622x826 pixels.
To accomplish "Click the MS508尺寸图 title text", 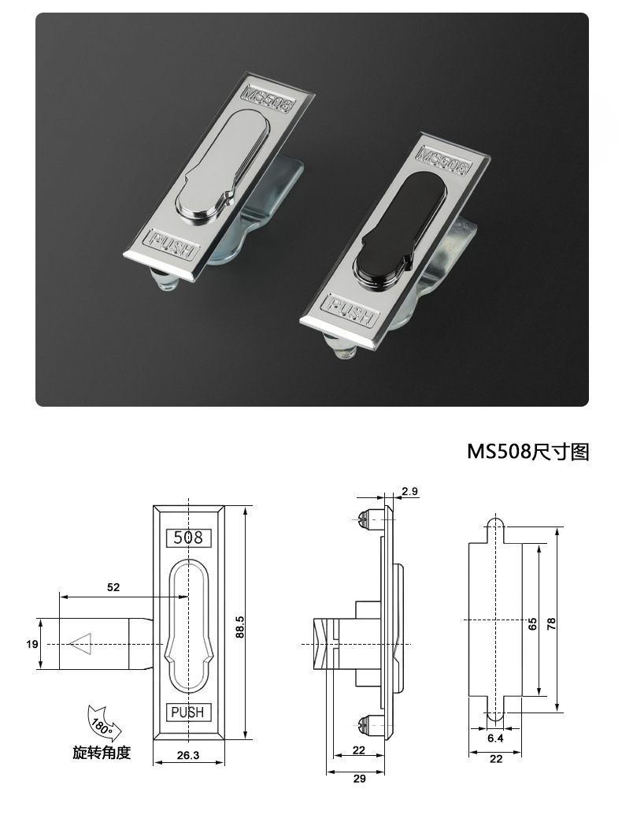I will pos(528,452).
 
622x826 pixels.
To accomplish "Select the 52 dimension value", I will pos(113,587).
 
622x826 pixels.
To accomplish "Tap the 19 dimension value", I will pos(32,644).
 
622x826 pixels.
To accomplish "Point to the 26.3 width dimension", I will pos(188,754).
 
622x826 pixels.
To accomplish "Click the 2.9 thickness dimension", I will pos(409,491).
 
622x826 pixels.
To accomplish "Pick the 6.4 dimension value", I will pos(495,739).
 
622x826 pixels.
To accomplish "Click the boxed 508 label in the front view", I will pos(188,538).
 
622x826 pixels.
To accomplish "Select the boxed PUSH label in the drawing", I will pos(188,712).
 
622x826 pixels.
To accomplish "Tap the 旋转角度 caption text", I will pos(102,753).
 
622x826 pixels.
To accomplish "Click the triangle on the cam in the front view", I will pos(81,644).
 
